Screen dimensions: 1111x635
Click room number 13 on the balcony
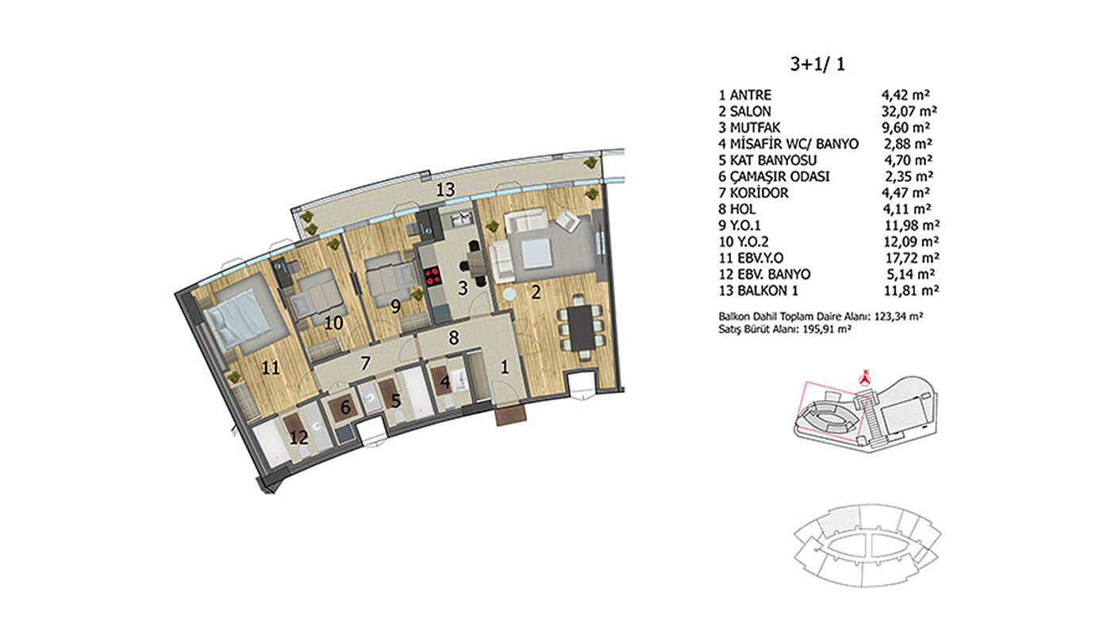pos(445,190)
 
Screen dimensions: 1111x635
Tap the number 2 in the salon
pos(536,292)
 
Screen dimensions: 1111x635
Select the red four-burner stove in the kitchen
pos(433,276)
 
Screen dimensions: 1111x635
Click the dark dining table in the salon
pos(580,328)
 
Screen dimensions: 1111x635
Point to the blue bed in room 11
pos(238,317)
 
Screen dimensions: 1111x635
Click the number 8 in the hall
pos(453,338)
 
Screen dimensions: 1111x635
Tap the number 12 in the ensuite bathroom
pos(298,437)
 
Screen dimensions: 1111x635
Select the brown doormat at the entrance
pos(511,416)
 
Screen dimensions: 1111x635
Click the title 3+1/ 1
pos(817,64)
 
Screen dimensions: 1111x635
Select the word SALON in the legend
pos(751,112)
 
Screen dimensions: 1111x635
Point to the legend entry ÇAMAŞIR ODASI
pos(779,176)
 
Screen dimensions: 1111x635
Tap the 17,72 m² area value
pos(913,258)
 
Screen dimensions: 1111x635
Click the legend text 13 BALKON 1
pos(759,291)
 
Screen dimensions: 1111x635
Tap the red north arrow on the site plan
pos(866,376)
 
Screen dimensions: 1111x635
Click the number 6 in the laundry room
pos(346,408)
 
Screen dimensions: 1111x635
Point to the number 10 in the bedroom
pos(334,324)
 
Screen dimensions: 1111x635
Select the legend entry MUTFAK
pos(755,128)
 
